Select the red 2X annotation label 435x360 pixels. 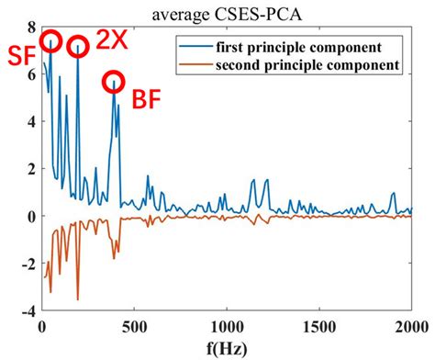[112, 41]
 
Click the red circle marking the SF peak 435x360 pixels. [51, 40]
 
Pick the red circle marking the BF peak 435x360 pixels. [114, 81]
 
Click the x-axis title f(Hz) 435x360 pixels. [227, 349]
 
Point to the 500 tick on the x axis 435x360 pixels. [135, 327]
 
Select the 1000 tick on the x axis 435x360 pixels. [227, 327]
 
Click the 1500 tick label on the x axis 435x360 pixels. [319, 327]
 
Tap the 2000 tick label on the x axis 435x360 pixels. [409, 327]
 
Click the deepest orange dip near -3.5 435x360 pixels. [78, 299]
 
